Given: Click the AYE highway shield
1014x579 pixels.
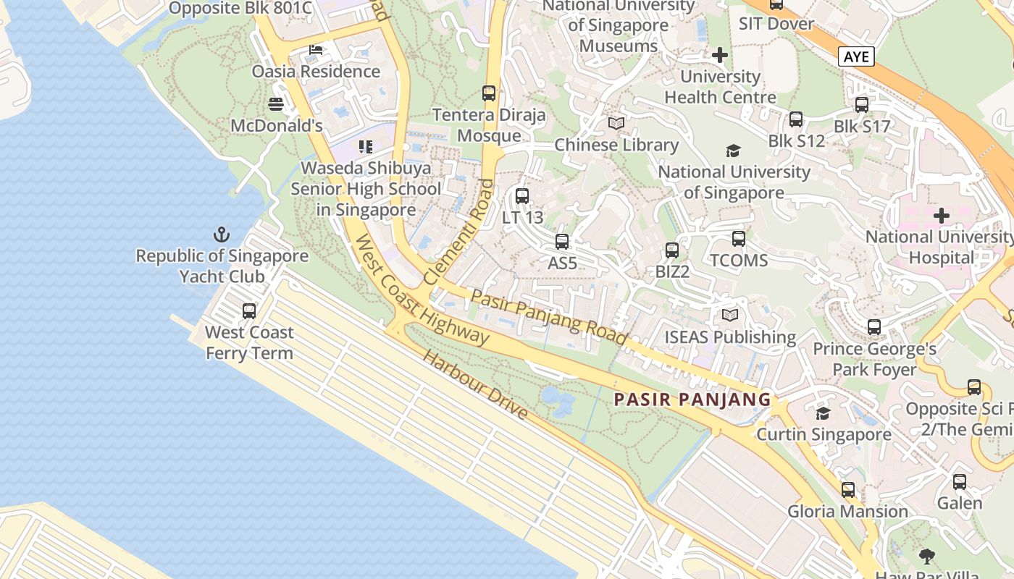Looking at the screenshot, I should click(857, 56).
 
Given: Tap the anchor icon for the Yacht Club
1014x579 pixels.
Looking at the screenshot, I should click(222, 234).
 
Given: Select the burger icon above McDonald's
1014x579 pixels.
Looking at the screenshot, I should click(275, 104).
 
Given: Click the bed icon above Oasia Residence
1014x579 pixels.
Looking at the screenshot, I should click(316, 50).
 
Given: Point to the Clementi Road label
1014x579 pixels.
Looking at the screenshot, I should click(458, 232).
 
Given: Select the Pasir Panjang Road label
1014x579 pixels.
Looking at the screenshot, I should click(548, 316).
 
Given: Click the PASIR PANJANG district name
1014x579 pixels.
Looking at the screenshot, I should click(692, 400).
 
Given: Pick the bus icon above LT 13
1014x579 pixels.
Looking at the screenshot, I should click(522, 195).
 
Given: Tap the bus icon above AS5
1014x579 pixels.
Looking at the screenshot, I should click(562, 242).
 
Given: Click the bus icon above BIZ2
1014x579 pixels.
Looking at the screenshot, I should click(672, 250).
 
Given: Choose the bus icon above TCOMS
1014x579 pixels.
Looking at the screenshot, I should click(739, 239).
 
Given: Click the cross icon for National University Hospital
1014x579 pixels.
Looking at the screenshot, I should click(942, 216).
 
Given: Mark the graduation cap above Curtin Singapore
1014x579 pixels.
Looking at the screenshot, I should click(823, 413).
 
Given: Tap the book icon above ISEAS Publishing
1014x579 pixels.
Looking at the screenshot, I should click(730, 316).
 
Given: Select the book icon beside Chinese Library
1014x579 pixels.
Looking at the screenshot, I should click(616, 124).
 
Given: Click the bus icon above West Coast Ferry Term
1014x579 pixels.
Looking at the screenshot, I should click(249, 311).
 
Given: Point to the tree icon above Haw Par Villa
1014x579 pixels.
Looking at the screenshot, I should click(926, 556).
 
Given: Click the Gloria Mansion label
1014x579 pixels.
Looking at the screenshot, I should click(847, 512).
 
